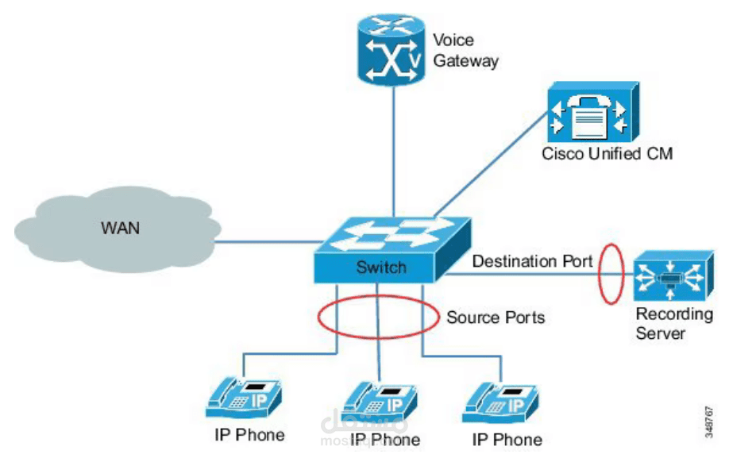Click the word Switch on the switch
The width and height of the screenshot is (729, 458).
tap(381, 267)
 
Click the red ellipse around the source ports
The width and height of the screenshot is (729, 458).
tap(320, 316)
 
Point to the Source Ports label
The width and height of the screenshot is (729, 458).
tap(496, 318)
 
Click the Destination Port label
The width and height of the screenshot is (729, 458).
tap(532, 261)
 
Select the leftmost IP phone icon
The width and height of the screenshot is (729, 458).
tap(245, 399)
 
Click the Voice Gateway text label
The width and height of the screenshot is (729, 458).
tap(465, 50)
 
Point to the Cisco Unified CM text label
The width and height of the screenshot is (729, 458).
tap(607, 153)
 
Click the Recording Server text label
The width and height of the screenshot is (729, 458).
tap(673, 323)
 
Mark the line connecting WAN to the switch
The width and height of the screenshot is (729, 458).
tap(266, 241)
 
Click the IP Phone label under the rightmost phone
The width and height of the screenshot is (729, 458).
tap(507, 439)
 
